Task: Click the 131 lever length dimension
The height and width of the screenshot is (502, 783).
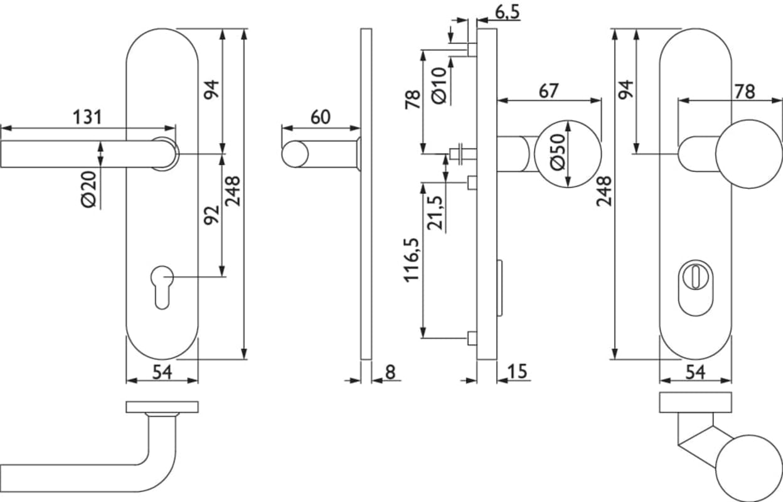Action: tap(87, 117)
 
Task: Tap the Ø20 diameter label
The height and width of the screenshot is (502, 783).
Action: tap(89, 190)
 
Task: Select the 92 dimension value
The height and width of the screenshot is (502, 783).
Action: tap(212, 215)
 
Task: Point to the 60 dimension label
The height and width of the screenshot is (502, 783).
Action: tap(320, 117)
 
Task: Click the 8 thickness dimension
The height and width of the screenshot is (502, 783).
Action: tap(390, 372)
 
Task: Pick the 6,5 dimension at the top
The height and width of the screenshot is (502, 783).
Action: tap(508, 13)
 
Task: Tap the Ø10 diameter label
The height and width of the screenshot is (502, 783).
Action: tap(439, 85)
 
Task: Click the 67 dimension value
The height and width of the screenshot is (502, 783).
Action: tap(548, 91)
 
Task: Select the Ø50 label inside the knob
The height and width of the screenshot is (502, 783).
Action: tap(557, 152)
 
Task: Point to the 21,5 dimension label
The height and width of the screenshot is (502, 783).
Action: tap(435, 213)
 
